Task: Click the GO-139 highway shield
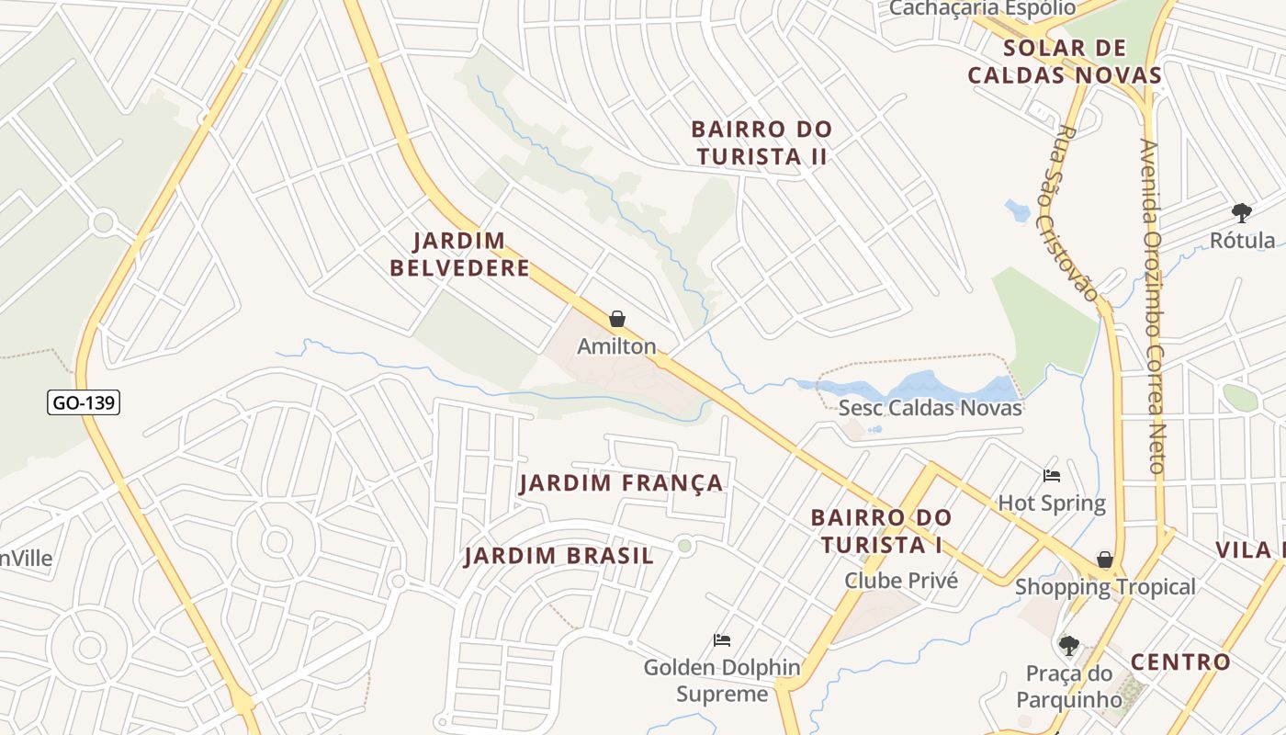pos(85,401)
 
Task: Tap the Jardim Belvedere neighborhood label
pos(459,254)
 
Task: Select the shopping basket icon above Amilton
pos(617,320)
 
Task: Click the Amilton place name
pos(616,346)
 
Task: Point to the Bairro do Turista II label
pos(761,143)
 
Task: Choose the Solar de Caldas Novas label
pos(1065,62)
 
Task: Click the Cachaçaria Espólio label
pos(982,8)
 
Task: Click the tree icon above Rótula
pos(1242,213)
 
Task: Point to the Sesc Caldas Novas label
pos(930,407)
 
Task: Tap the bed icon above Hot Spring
pos(1052,476)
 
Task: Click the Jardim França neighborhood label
pos(621,483)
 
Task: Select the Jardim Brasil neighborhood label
pos(558,556)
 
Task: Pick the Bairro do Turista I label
pos(881,531)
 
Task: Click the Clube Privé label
pos(900,581)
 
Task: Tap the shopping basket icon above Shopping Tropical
pos(1105,560)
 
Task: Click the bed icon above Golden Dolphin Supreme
pos(722,640)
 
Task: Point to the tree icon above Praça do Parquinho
pos(1068,646)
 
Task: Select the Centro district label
pos(1179,661)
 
